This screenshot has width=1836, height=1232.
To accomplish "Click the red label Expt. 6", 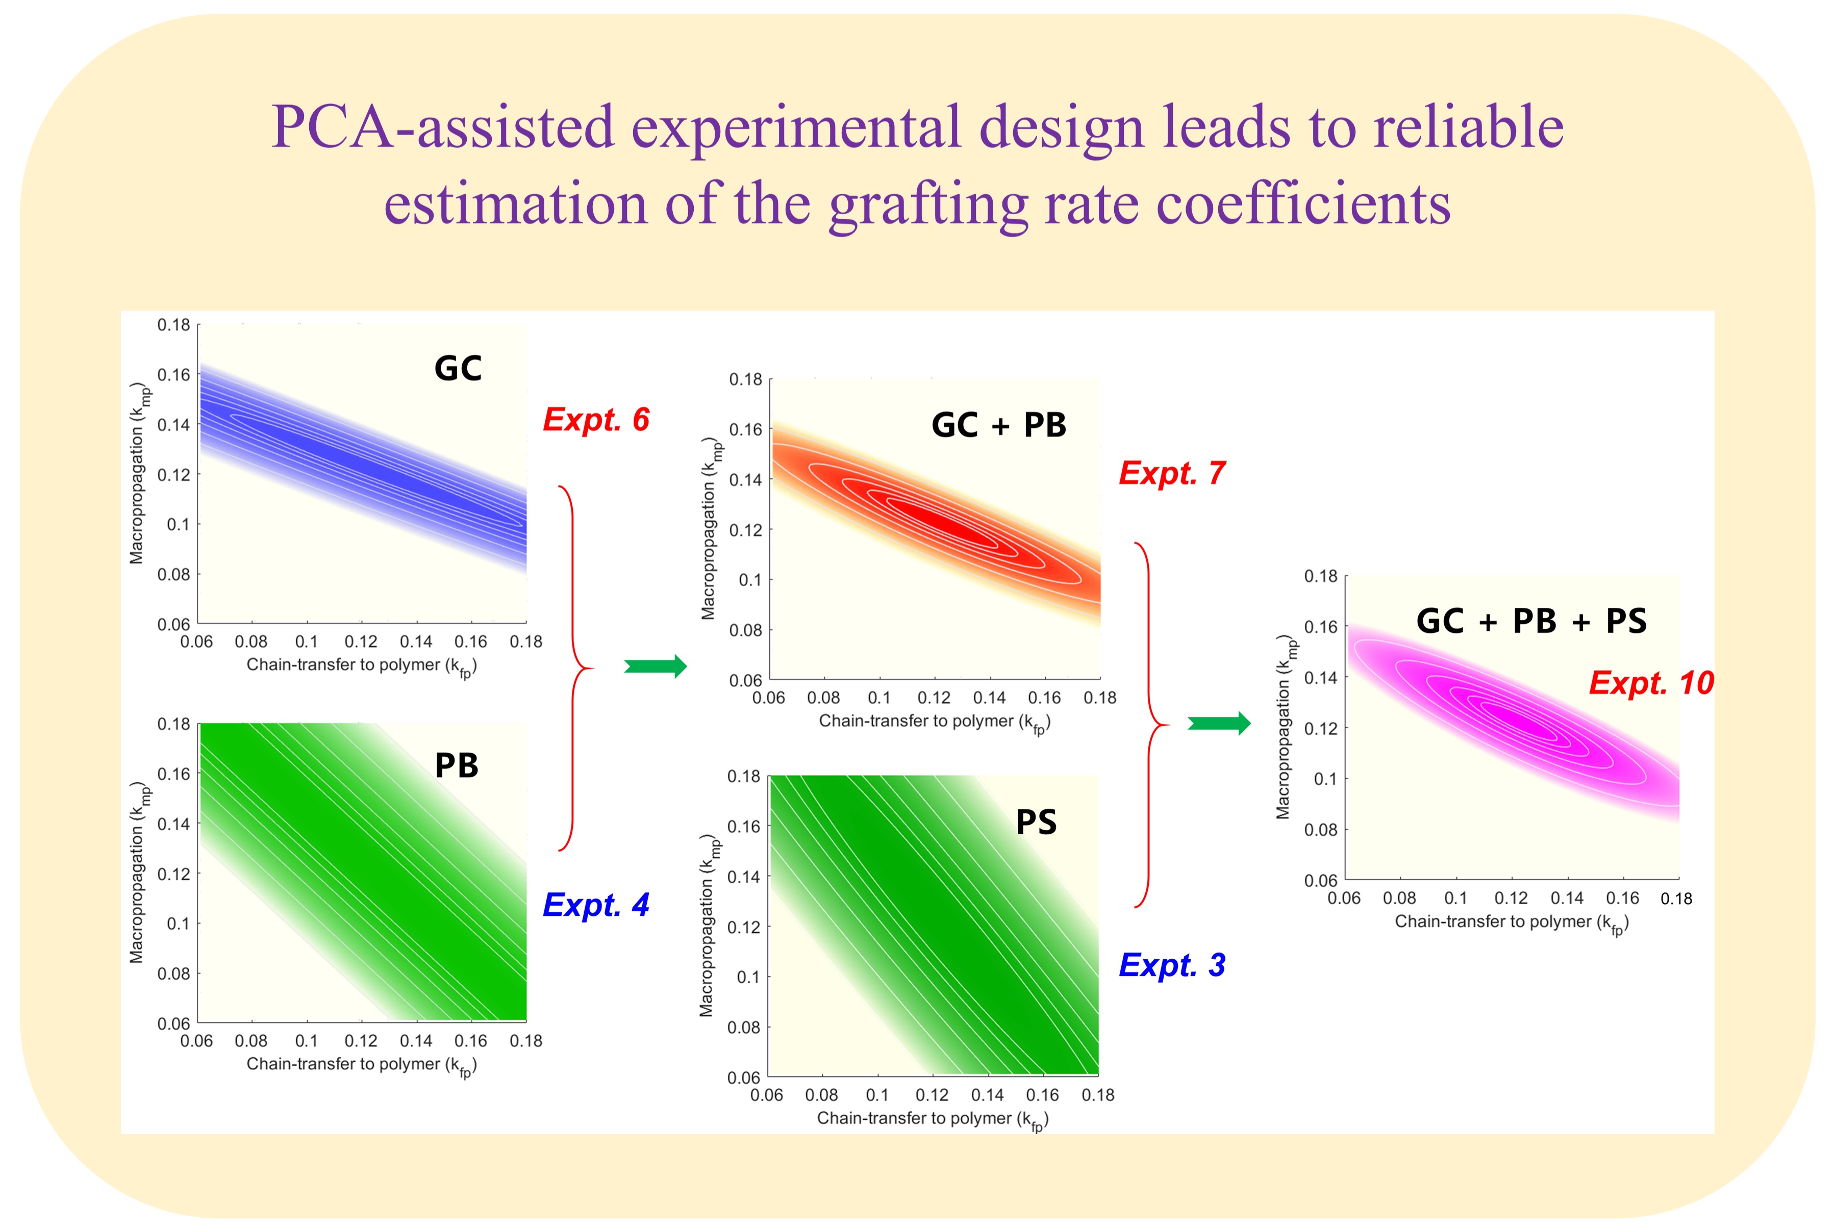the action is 596,420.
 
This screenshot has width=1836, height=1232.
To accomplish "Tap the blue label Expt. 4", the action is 596,905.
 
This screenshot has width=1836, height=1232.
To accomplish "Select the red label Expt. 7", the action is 1172,473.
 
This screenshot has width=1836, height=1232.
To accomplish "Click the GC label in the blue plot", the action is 458,369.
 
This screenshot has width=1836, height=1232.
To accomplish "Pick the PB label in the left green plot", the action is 457,766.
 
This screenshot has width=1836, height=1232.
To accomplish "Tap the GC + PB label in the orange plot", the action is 999,425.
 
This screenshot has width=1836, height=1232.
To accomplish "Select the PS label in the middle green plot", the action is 1036,823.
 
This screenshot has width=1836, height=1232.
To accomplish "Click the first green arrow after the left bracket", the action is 656,666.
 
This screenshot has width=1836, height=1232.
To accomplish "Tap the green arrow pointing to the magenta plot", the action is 1219,723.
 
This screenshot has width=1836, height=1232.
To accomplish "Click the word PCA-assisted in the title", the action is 442,127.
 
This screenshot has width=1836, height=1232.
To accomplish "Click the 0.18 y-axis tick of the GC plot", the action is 173,324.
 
